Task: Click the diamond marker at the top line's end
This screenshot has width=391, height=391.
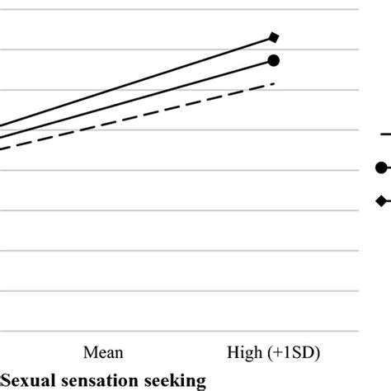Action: point(274,36)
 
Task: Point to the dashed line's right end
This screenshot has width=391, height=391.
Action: point(273,83)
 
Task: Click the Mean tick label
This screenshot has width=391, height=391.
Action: point(103,352)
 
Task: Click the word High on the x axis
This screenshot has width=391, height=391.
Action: point(244,352)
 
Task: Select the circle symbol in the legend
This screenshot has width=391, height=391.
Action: point(380,167)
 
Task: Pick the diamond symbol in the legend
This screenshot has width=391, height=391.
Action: point(380,200)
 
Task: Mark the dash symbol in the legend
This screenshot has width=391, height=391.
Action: point(384,133)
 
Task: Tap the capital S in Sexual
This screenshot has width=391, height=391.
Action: point(6,380)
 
